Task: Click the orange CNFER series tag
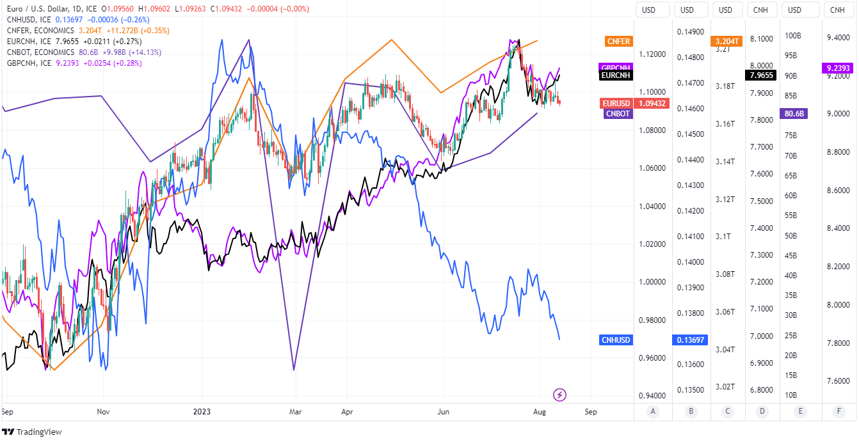coord(618,42)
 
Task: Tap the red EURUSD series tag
coord(616,104)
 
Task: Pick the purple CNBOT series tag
coord(618,114)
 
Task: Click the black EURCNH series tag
coord(616,75)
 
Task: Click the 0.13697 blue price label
coord(691,340)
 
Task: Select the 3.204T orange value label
coord(727,42)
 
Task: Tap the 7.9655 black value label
coord(762,75)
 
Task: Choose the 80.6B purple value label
coord(794,114)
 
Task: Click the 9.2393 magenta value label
coord(837,68)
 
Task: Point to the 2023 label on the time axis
coord(202,412)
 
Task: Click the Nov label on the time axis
coord(102,412)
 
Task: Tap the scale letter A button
coord(652,412)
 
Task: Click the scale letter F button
coord(838,412)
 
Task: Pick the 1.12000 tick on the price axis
coord(652,54)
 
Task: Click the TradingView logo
coord(32,432)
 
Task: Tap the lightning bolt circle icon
coord(560,395)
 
